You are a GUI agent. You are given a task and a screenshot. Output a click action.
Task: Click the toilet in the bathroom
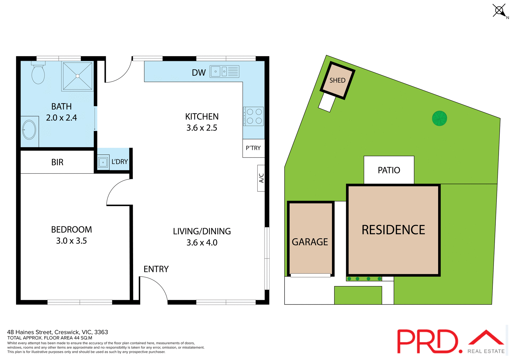[x=38, y=74]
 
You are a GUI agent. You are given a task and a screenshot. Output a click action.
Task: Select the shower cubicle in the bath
[x=78, y=76]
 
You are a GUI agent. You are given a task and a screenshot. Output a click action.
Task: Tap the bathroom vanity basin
[x=29, y=130]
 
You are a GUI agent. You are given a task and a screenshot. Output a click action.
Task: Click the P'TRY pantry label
[x=253, y=148]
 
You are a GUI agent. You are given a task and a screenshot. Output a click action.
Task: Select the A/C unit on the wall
[x=261, y=178]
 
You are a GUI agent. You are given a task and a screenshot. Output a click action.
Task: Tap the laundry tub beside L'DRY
[x=103, y=162]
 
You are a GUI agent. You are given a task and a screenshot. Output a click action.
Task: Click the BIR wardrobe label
[x=57, y=162]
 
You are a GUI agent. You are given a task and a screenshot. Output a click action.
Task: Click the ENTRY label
[x=156, y=269]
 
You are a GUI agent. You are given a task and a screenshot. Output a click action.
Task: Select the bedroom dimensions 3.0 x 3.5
[x=71, y=241]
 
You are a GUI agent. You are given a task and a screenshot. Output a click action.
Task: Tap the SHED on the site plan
[x=337, y=81]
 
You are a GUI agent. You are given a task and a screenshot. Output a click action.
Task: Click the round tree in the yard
[x=439, y=118]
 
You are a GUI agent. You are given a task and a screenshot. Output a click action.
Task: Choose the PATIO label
[x=389, y=170]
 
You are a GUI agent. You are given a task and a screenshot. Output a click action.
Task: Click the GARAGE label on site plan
[x=310, y=242]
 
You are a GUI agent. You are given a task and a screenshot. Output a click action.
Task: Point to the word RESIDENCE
[x=393, y=230]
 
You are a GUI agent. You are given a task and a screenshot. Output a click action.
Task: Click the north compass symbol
[x=499, y=11]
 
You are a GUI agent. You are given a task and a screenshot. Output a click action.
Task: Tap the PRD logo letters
[x=428, y=341]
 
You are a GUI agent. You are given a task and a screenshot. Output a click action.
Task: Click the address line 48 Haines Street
[x=57, y=332]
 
